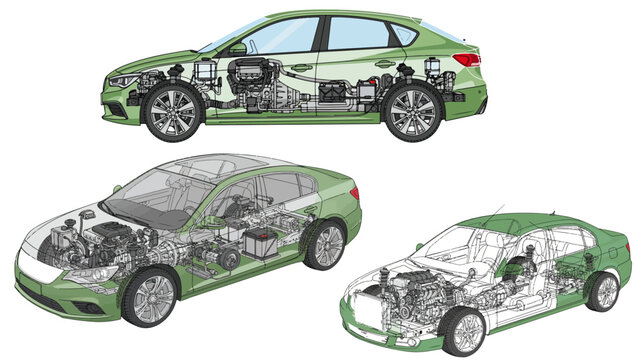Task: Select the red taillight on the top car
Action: pos(468,59)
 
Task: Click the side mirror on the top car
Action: pos(237,47)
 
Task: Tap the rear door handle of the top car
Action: pos(384,64)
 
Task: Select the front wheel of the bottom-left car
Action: pos(150,297)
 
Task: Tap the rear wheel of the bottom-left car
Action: pos(325,244)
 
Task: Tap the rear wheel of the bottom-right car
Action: pos(602,291)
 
